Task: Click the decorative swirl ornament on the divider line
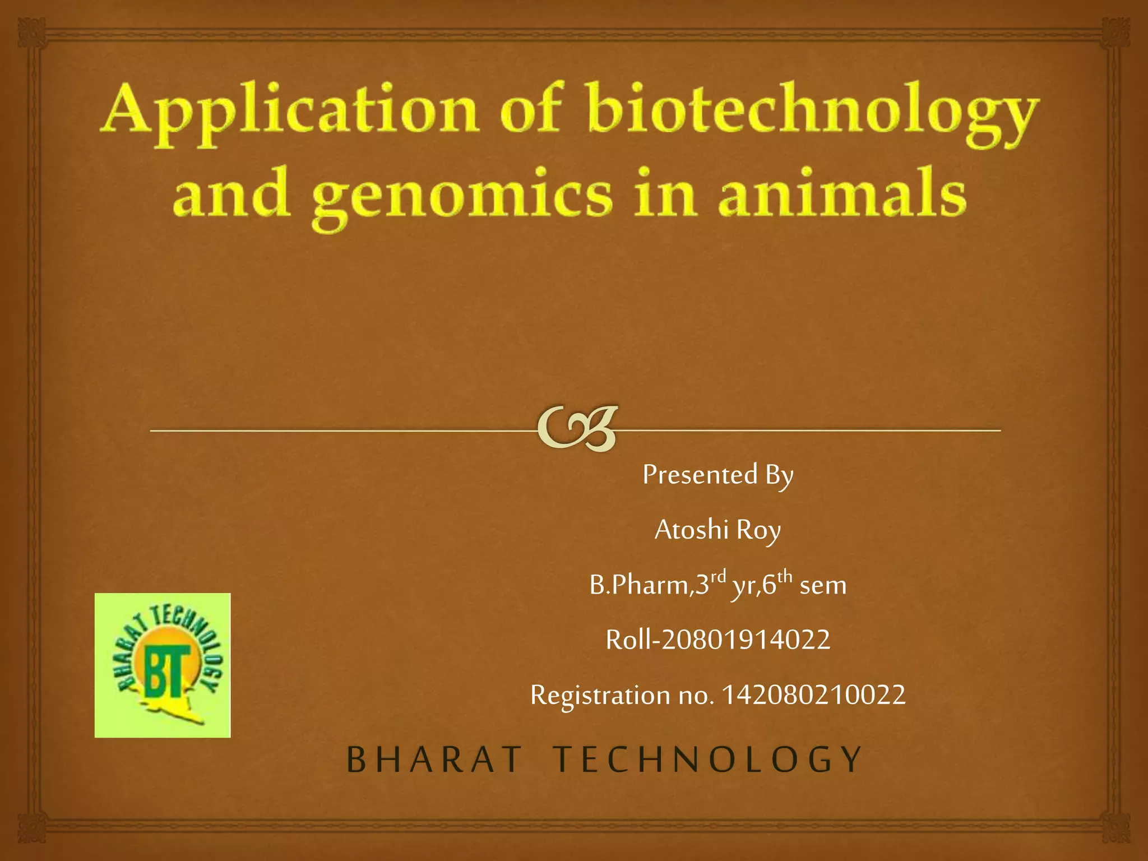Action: pyautogui.click(x=577, y=429)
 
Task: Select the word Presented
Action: pyautogui.click(x=700, y=475)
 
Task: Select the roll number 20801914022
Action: pyautogui.click(x=746, y=640)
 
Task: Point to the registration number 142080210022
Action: pyautogui.click(x=813, y=695)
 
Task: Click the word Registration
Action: pyautogui.click(x=600, y=696)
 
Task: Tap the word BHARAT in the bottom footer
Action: pyautogui.click(x=434, y=760)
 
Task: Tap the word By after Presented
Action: pyautogui.click(x=779, y=476)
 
